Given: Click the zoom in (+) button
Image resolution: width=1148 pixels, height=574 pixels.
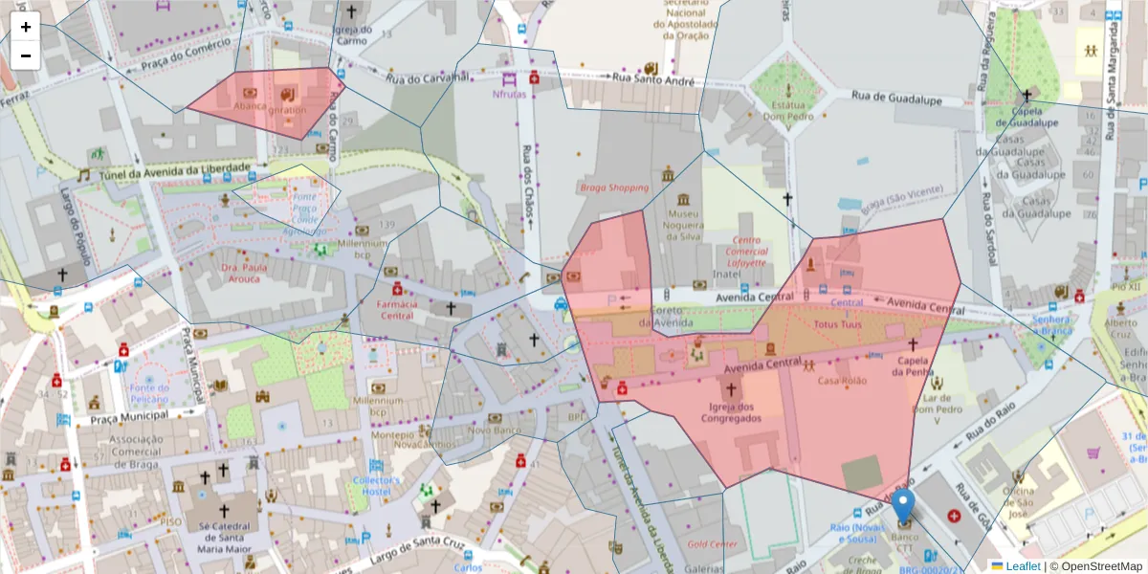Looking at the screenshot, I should tap(26, 27).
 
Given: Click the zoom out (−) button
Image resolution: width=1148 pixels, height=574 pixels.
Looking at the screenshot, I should tap(26, 55).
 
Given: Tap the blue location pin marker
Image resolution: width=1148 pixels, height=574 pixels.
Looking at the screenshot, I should tap(903, 506).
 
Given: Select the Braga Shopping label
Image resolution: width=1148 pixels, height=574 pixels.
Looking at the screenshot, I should tap(613, 188).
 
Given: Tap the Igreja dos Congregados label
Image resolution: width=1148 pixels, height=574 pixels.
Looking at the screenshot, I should tap(732, 411).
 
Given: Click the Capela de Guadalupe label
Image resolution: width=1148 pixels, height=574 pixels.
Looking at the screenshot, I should tap(1027, 116).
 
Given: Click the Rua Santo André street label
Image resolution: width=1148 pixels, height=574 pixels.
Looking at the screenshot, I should tap(652, 81).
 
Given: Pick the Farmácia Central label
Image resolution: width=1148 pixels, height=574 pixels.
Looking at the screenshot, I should tap(397, 309).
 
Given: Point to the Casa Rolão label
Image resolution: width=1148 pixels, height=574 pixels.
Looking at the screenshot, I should tap(841, 381).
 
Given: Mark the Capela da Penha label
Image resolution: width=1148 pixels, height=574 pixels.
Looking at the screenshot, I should tap(913, 366).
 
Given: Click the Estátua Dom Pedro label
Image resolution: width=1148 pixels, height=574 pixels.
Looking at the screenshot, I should tap(787, 110).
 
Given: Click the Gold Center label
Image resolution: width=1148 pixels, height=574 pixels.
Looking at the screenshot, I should tap(711, 543).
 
